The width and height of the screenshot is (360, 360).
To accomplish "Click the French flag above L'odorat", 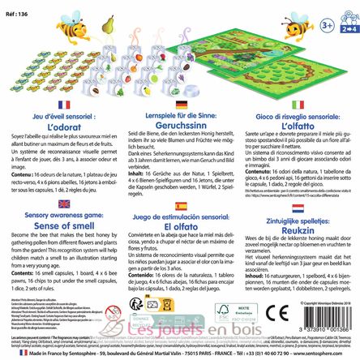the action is pyautogui.click(x=64, y=105).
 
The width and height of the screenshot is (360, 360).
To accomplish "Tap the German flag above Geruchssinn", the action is pyautogui.click(x=181, y=105).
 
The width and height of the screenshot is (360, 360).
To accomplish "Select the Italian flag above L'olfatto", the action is pyautogui.click(x=298, y=105).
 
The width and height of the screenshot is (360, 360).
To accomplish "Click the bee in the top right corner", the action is pyautogui.click(x=298, y=24).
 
